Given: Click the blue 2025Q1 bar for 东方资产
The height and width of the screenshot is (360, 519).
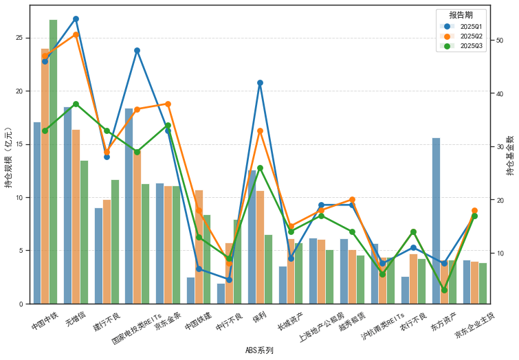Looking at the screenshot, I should pyautogui.click(x=436, y=220).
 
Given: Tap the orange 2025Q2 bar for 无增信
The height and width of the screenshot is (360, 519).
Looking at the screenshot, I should pyautogui.click(x=76, y=216).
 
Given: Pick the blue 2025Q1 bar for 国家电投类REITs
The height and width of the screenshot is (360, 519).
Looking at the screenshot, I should pyautogui.click(x=129, y=206).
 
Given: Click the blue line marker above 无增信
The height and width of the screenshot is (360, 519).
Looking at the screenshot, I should pyautogui.click(x=76, y=19).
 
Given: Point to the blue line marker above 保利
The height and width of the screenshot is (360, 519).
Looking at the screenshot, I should pyautogui.click(x=260, y=82).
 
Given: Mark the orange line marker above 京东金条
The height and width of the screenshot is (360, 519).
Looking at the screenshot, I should pyautogui.click(x=168, y=104).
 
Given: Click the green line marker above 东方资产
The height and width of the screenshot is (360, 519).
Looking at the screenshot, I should pyautogui.click(x=444, y=290).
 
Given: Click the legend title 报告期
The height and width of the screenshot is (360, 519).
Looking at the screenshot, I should pyautogui.click(x=461, y=14).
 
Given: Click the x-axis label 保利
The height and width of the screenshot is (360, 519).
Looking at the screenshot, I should pyautogui.click(x=259, y=318).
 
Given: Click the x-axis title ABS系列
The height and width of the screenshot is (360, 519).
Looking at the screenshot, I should pyautogui.click(x=259, y=350).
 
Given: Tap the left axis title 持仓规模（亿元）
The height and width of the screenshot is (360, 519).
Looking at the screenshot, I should pyautogui.click(x=8, y=157).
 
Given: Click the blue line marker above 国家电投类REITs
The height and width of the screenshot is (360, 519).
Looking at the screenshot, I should pyautogui.click(x=137, y=50).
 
